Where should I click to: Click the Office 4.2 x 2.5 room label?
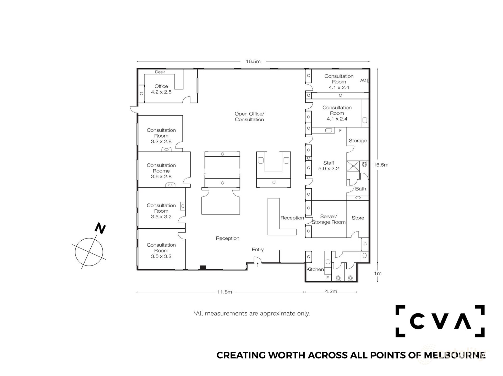click(161, 89)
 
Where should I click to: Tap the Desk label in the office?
click(160, 72)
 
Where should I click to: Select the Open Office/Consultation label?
click(249, 117)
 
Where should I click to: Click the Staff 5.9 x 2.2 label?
click(329, 166)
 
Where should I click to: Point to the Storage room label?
click(358, 141)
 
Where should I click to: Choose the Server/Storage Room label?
click(329, 219)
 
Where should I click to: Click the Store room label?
click(358, 218)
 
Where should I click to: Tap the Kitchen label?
click(315, 269)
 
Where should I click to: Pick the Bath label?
click(360, 189)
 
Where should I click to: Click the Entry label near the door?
click(258, 250)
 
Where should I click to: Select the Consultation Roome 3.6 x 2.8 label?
click(161, 171)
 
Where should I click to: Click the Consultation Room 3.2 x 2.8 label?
click(161, 136)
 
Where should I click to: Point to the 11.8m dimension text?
click(225, 292)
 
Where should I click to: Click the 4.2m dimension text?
click(331, 291)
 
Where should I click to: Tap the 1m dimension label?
click(378, 273)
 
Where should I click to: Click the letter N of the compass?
click(100, 228)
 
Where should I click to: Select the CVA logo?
click(440, 321)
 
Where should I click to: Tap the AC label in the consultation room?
click(363, 80)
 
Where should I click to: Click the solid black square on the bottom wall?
click(203, 268)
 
